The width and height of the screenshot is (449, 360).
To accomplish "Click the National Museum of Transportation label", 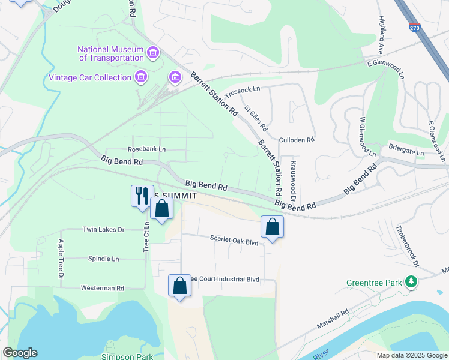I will tap(111, 53).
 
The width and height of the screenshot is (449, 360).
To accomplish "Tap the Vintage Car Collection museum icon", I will tap(141, 77).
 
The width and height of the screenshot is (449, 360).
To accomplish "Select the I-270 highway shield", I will tap(414, 28).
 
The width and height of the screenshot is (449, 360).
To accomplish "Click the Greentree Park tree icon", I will tap(411, 281).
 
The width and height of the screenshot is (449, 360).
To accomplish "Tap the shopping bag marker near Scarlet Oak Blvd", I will tap(272, 227).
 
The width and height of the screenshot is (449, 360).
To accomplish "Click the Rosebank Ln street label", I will tap(146, 149).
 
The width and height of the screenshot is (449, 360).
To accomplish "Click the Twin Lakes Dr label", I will tap(103, 230).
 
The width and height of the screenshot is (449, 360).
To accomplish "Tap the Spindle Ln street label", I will tap(103, 259).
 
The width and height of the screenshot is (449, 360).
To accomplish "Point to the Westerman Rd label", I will tap(103, 288).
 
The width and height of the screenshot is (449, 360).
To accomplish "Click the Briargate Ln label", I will tap(406, 152).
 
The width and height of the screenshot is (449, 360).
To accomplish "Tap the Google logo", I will tap(20, 353).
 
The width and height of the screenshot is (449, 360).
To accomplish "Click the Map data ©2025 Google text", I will tap(411, 355).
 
